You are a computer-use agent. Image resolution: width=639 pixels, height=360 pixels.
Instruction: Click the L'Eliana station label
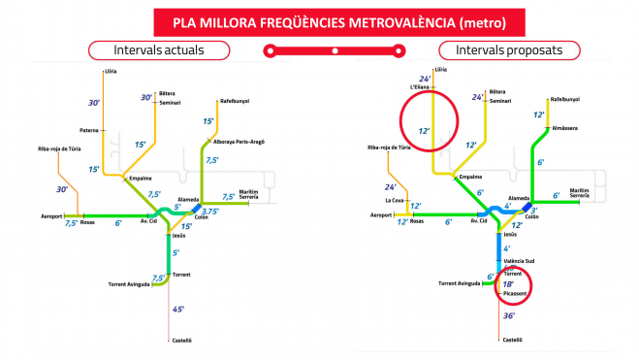coord(420,88)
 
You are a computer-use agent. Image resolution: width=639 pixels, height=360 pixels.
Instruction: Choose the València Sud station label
coord(524,261)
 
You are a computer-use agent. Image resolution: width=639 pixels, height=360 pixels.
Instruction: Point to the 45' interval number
coord(177,309)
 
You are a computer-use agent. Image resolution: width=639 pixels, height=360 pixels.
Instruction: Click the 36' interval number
coord(509,315)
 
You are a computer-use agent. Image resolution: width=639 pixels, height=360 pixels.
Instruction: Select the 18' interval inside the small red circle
coord(507,284)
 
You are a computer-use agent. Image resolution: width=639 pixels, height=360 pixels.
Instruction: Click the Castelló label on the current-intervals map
coord(182,340)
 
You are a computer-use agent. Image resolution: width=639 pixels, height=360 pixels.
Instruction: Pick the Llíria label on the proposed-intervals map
coord(441,70)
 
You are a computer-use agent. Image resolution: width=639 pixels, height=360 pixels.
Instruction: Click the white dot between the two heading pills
coord(334,49)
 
